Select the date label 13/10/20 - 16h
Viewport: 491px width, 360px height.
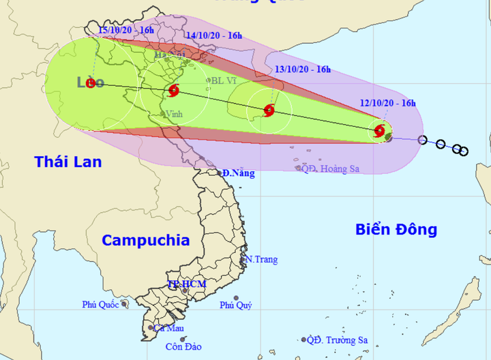[x=303, y=69]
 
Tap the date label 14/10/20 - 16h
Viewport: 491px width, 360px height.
[x=215, y=35]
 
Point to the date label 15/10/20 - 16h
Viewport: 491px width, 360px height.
[x=125, y=30]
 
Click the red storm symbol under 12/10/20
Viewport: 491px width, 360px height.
[x=380, y=130]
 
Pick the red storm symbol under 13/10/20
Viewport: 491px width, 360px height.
[x=269, y=110]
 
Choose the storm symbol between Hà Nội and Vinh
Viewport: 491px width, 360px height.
[x=173, y=91]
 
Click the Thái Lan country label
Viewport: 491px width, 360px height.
[x=68, y=162]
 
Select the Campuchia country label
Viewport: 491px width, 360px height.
[x=145, y=240]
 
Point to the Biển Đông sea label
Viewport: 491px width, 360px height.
[x=396, y=229]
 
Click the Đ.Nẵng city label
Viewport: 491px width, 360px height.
[x=239, y=173]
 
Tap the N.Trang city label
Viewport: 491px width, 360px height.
[x=263, y=260]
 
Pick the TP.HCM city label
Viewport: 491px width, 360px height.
[x=187, y=284]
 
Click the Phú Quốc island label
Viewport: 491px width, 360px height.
[x=100, y=305]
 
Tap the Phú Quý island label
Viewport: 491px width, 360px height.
[x=236, y=305]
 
